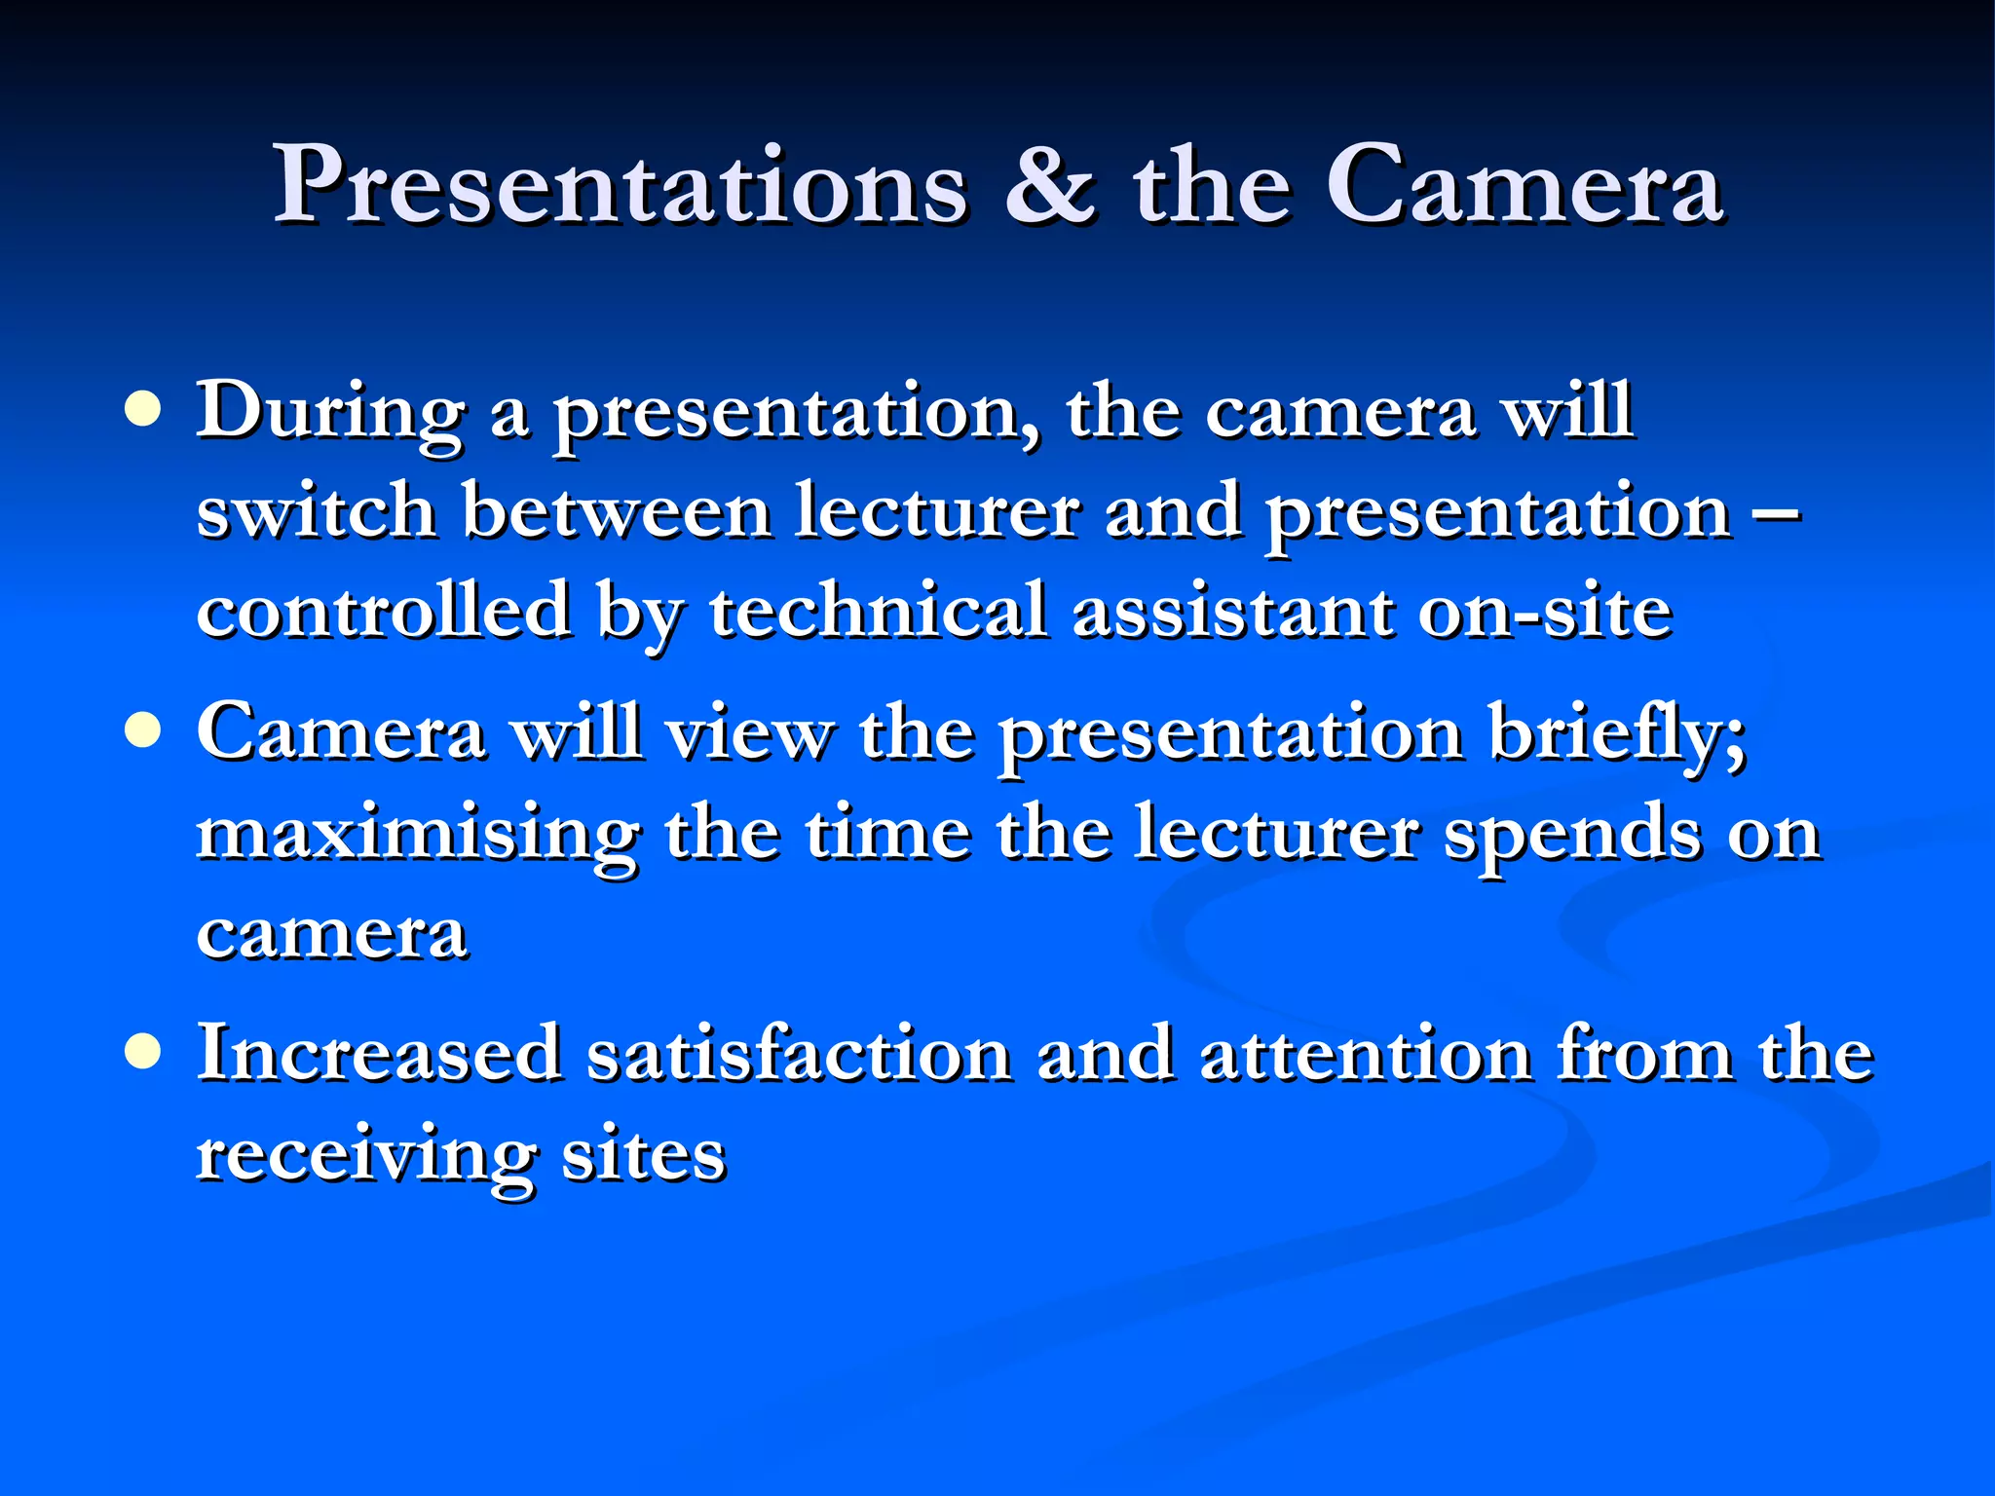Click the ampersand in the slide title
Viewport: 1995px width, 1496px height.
(1049, 185)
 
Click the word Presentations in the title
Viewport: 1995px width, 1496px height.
(621, 185)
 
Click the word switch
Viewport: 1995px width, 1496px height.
(316, 510)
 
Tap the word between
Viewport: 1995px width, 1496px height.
(617, 512)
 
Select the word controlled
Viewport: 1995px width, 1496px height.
(383, 612)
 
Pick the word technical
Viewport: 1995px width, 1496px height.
(877, 612)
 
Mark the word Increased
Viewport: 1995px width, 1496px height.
(379, 1054)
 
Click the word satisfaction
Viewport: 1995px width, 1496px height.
(799, 1054)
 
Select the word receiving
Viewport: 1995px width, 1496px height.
(365, 1157)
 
